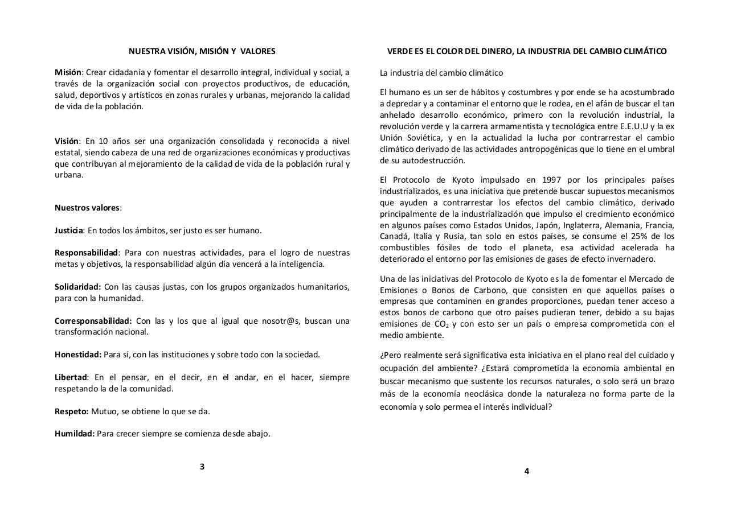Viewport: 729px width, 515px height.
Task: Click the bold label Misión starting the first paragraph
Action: (x=68, y=72)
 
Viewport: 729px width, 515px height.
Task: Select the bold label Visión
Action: (x=66, y=141)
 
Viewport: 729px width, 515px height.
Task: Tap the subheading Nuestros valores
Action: (x=87, y=208)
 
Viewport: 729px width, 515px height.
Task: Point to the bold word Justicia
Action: (x=69, y=230)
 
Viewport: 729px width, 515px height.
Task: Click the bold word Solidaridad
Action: (x=77, y=287)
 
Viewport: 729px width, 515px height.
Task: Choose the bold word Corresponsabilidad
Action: (x=93, y=321)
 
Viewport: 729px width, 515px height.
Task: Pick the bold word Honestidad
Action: (x=77, y=355)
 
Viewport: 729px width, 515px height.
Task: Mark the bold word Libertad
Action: (x=71, y=377)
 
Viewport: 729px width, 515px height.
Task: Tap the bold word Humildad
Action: (x=75, y=434)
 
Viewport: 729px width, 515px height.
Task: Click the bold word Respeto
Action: (x=71, y=411)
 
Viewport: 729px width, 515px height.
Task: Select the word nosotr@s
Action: (x=281, y=321)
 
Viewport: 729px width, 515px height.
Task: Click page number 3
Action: (x=202, y=467)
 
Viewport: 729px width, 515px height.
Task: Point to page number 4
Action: (x=527, y=471)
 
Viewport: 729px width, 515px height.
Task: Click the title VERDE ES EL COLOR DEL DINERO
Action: (x=449, y=51)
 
